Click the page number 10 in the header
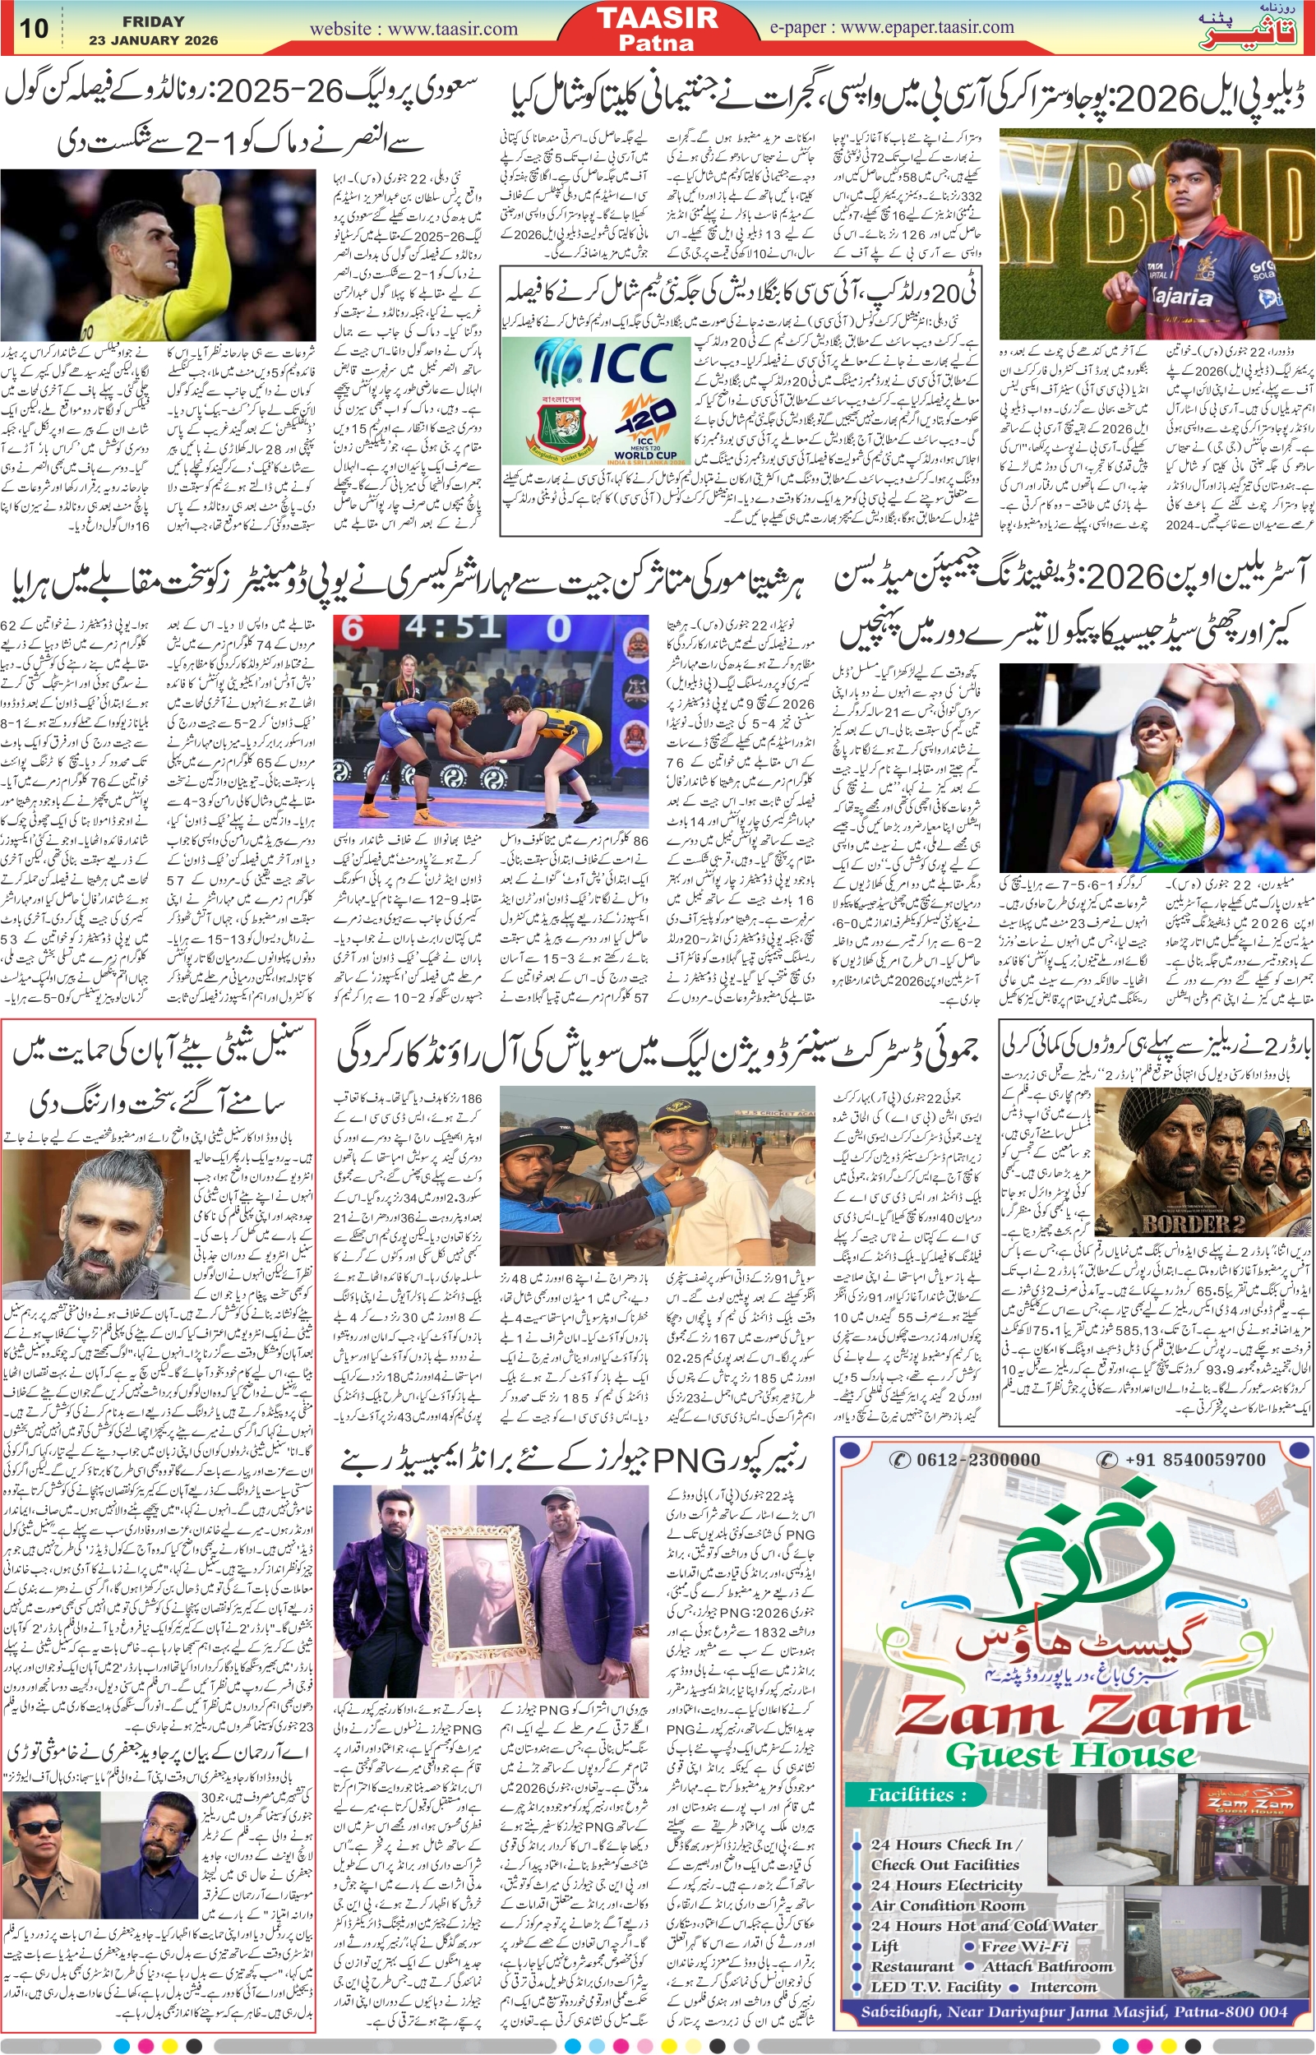35,27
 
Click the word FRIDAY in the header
154,21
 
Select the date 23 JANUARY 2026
154,40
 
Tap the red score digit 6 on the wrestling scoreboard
353,629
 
